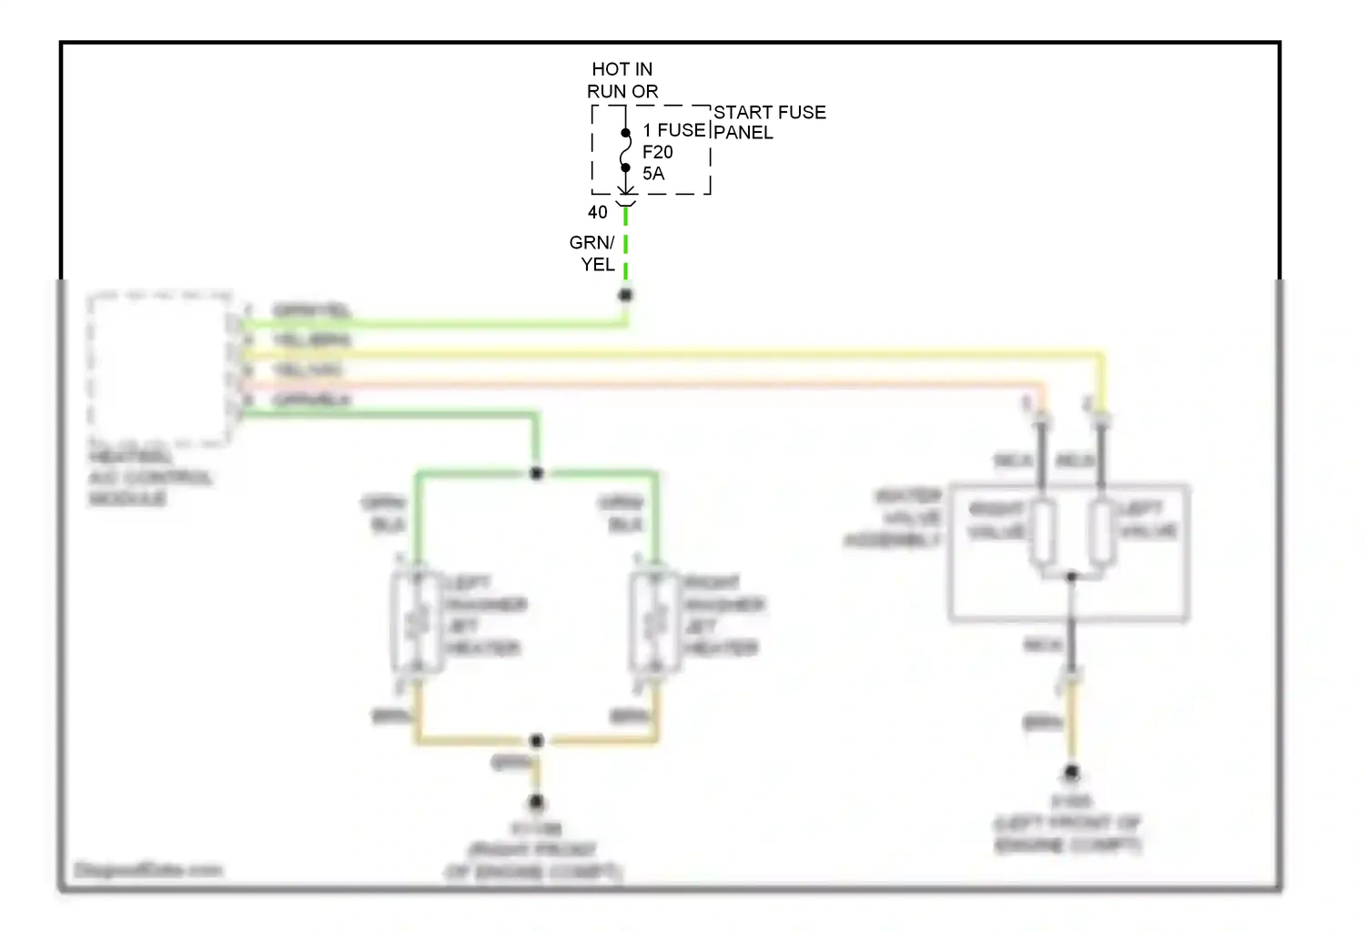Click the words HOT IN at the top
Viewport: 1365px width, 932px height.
pos(622,69)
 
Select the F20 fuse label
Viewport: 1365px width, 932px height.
pos(657,152)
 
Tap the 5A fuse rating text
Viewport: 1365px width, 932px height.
pos(653,173)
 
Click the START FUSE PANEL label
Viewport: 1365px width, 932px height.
pos(769,122)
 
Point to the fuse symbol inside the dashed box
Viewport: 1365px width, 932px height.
pos(625,150)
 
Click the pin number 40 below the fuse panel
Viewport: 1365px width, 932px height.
pos(597,212)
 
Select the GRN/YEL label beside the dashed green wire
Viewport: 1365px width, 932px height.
pos(593,253)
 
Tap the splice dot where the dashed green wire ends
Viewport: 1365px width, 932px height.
pos(625,295)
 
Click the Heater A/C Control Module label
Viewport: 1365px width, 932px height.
pos(149,477)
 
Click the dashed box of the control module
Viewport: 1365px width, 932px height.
pos(159,369)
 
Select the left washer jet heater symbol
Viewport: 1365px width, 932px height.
pos(417,623)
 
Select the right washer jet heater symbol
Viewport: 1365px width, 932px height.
pos(654,623)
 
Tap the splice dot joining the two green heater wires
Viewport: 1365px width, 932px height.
pos(537,473)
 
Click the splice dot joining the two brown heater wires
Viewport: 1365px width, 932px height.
pos(537,741)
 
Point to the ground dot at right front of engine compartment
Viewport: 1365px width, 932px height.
pos(537,802)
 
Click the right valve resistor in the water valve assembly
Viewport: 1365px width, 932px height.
pos(1042,531)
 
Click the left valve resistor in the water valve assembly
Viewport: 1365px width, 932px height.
pos(1102,531)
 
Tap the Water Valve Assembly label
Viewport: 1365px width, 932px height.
pos(896,518)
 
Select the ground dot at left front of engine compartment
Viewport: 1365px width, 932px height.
pos(1072,773)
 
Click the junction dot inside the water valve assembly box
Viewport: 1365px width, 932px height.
pos(1072,577)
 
